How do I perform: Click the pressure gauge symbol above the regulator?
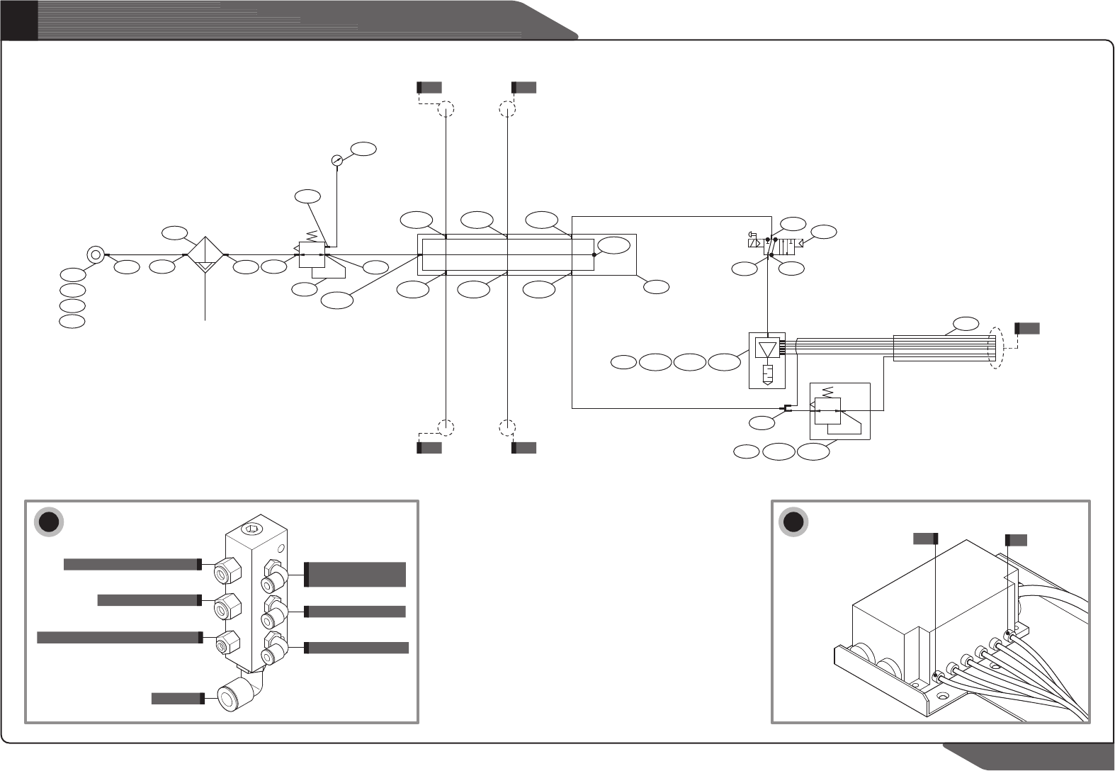pyautogui.click(x=336, y=161)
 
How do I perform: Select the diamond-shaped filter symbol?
pyautogui.click(x=204, y=254)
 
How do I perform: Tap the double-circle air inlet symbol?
pyautogui.click(x=95, y=254)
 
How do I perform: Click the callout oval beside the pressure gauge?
pyautogui.click(x=364, y=149)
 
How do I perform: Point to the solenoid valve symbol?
pyautogui.click(x=772, y=247)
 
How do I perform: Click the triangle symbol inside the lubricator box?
pyautogui.click(x=767, y=349)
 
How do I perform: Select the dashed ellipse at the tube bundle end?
pyautogui.click(x=997, y=347)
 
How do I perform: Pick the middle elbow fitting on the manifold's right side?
pyautogui.click(x=273, y=611)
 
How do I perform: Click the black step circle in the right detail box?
pyautogui.click(x=793, y=522)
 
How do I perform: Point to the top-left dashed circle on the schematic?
pyautogui.click(x=446, y=109)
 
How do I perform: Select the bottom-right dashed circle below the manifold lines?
pyautogui.click(x=507, y=427)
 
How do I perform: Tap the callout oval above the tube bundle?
pyautogui.click(x=966, y=324)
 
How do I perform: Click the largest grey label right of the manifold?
pyautogui.click(x=356, y=574)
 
